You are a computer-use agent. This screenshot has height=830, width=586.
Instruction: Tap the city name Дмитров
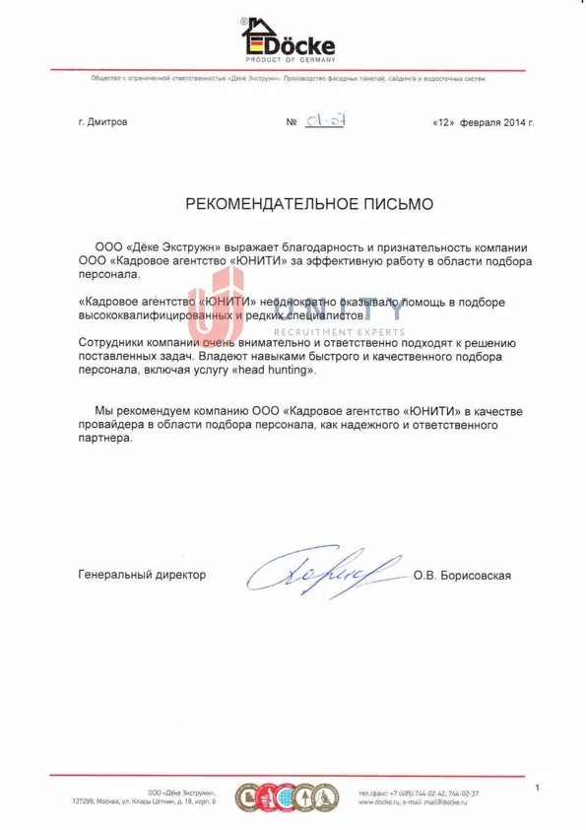[x=108, y=123]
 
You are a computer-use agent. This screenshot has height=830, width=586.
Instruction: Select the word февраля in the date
[x=479, y=123]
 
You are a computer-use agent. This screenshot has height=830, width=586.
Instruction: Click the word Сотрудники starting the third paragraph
[x=110, y=341]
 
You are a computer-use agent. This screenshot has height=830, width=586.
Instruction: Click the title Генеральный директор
[x=142, y=575]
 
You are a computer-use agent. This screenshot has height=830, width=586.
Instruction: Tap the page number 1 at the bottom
[x=537, y=788]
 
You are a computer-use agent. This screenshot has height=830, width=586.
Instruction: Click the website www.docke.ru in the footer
[x=379, y=803]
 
